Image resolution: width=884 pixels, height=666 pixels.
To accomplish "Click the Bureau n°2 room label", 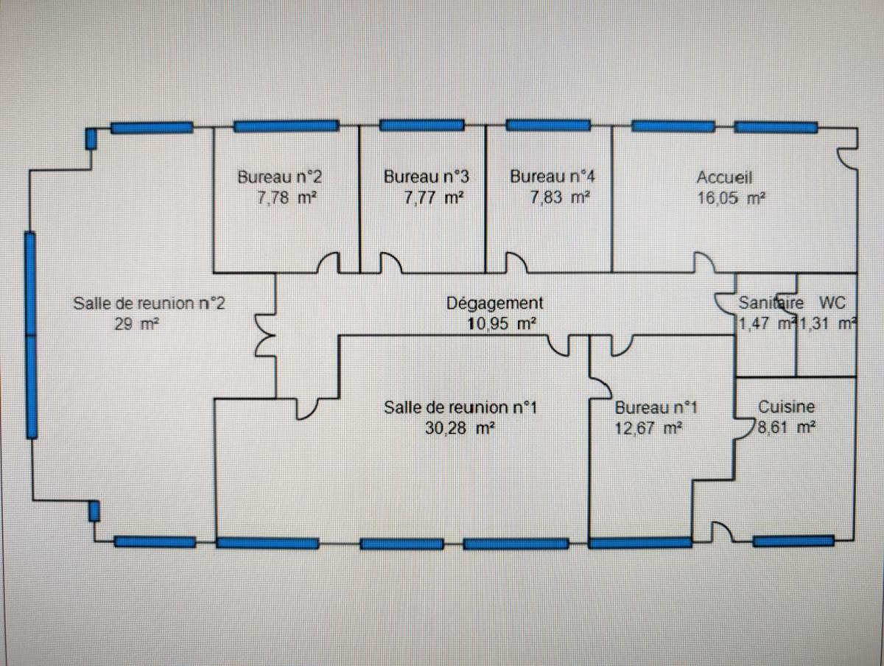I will pyautogui.click(x=280, y=177).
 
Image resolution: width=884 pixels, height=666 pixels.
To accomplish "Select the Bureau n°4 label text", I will pyautogui.click(x=552, y=177).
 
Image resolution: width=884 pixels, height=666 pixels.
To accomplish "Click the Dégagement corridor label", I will pyautogui.click(x=495, y=303).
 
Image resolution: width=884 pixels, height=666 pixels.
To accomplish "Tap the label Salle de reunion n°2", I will pyautogui.click(x=149, y=302).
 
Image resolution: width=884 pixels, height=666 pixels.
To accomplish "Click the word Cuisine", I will pyautogui.click(x=787, y=407).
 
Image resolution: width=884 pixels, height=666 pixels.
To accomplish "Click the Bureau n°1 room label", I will pyautogui.click(x=656, y=407).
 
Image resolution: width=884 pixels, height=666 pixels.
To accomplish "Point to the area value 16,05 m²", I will pyautogui.click(x=732, y=197).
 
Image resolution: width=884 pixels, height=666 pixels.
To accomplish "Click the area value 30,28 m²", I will pyautogui.click(x=459, y=428).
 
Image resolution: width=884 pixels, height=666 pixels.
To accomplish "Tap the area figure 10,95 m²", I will pyautogui.click(x=501, y=323).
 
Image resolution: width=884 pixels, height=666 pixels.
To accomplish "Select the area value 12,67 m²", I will pyautogui.click(x=647, y=428).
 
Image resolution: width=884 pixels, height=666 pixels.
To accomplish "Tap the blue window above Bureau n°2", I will pyautogui.click(x=286, y=126).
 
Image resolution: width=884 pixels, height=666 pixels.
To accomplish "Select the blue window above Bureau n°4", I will pyautogui.click(x=549, y=125).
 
